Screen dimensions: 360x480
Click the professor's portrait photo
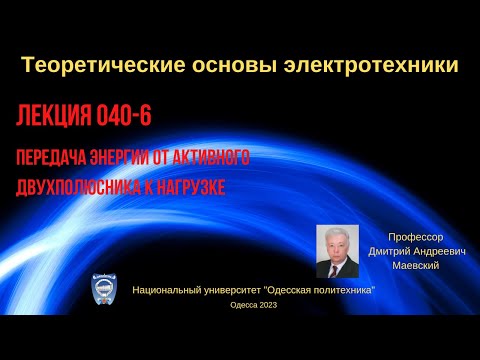pos(337,250)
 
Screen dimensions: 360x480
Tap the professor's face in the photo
pos(336,241)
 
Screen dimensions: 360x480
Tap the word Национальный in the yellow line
pos(170,288)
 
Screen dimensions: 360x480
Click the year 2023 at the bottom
pos(267,305)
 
